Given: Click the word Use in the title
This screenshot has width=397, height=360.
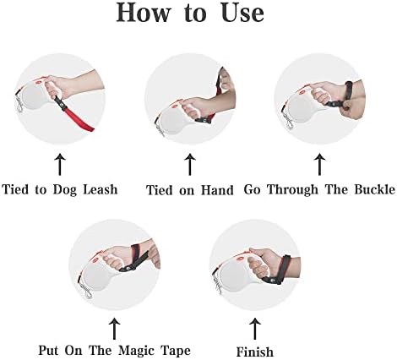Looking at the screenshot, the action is click(242, 13).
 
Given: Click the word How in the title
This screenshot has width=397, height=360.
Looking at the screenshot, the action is click(144, 13).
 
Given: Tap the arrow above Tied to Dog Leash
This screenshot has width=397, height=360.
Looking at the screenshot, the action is click(60, 164).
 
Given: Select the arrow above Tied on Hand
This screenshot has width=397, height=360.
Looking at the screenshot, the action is click(190, 164).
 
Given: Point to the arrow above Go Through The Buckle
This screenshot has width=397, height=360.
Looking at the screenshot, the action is click(319, 164).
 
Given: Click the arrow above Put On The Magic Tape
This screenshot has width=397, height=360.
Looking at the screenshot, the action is click(114, 329).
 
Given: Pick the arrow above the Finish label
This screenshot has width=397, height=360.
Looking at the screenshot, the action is click(255, 329).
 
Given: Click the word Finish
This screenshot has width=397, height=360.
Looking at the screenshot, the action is click(255, 352).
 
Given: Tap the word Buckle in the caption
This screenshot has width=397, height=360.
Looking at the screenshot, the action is click(374, 189).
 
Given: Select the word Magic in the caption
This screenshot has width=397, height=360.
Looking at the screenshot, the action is click(136, 351).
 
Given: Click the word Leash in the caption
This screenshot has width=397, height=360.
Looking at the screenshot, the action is click(101, 189).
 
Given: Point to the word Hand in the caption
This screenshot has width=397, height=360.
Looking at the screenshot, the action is click(217, 190).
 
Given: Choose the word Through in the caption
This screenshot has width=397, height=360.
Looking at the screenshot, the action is click(292, 189).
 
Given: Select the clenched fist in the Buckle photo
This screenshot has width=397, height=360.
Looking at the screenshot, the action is click(349, 108).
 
